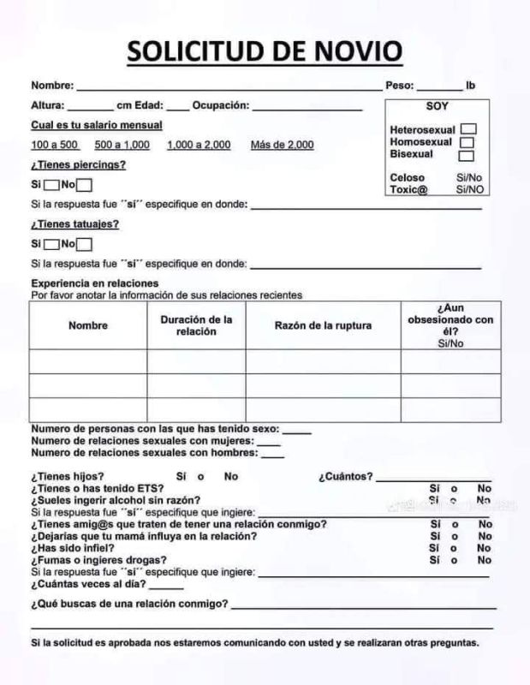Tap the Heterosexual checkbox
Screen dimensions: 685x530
pos(467,130)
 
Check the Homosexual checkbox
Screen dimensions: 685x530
pos(467,142)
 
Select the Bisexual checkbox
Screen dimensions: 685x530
pos(466,155)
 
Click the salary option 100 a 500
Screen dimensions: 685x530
pos(55,145)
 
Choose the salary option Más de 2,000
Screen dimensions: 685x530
pos(282,145)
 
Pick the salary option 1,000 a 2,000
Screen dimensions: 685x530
pos(199,145)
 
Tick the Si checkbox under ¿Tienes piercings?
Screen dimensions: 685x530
pos(51,184)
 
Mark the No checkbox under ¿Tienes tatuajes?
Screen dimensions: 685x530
pos(84,244)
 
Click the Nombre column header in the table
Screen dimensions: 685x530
pos(88,325)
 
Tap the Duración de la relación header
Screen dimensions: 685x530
pos(197,325)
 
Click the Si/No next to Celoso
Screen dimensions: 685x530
pos(469,177)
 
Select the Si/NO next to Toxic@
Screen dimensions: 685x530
pos(469,189)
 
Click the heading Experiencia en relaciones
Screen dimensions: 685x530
pos(95,283)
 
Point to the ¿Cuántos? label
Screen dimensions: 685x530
pos(346,476)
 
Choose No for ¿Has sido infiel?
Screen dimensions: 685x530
pos(485,548)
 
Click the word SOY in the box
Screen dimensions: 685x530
pos(437,107)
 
